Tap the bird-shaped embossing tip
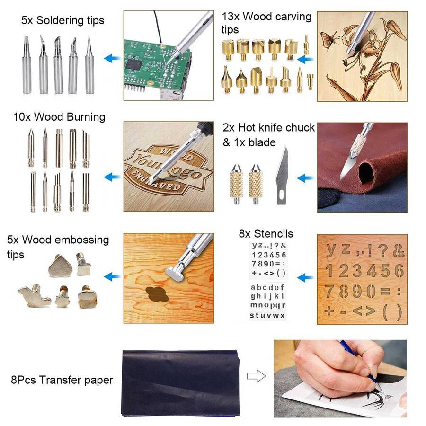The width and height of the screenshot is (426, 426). tap(35, 296)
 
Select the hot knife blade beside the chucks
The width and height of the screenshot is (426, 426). tap(282, 175)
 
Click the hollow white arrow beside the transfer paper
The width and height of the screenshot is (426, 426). tap(256, 376)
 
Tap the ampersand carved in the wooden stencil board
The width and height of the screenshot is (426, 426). tap(398, 250)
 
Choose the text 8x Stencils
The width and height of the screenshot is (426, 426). tap(266, 234)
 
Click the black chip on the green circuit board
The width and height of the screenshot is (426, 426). tap(134, 65)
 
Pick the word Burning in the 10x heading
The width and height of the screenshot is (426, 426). tap(86, 117)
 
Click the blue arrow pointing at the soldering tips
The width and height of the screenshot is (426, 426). tap(112, 58)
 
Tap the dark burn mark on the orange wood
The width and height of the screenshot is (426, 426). tap(157, 294)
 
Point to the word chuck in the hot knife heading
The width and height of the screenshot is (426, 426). tap(300, 127)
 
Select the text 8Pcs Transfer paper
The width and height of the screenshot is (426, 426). tap(62, 380)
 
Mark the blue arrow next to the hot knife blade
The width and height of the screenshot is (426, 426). tap(306, 178)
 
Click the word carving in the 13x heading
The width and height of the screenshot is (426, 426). tap(293, 17)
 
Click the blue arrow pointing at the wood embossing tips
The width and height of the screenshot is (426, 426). tap(112, 276)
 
